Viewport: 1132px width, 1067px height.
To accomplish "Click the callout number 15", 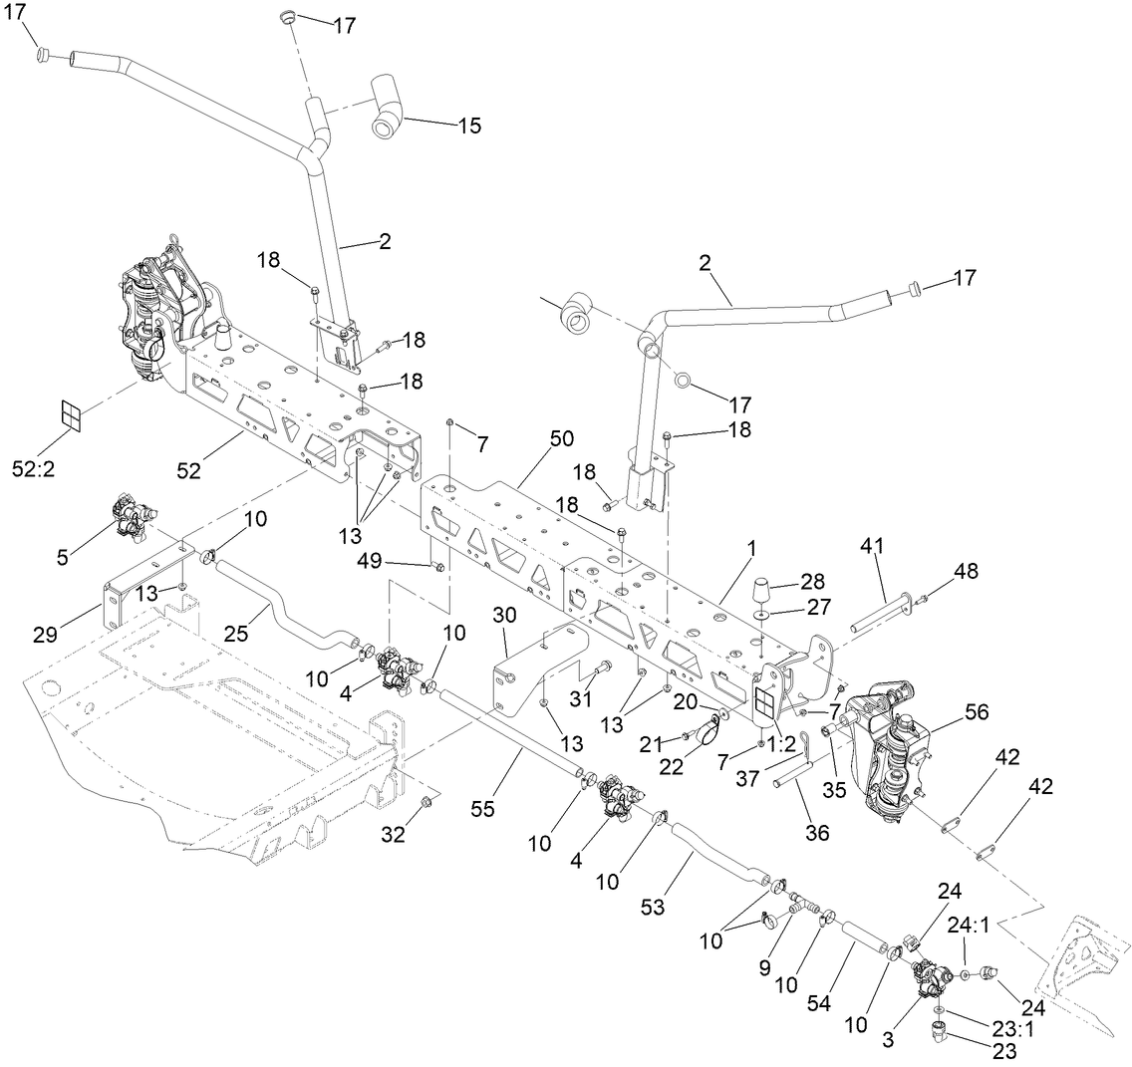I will tap(469, 126).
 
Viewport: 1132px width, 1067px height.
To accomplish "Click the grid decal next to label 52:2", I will tap(72, 415).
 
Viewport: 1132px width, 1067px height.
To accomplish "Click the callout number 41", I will tap(873, 546).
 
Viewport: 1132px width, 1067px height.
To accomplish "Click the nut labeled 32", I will tap(423, 802).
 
